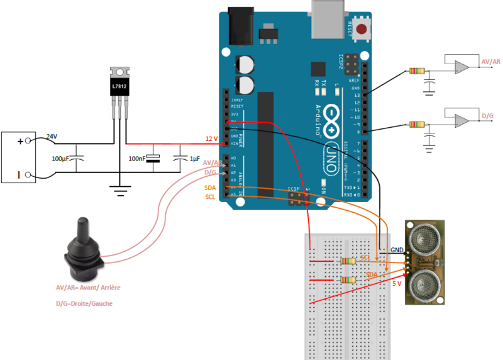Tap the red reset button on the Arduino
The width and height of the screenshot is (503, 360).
tap(362, 28)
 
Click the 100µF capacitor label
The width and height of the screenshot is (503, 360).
tap(60, 158)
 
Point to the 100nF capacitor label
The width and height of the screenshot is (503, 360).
tap(138, 158)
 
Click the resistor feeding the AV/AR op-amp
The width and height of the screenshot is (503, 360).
tap(416, 70)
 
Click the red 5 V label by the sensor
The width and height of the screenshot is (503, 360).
tap(397, 284)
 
